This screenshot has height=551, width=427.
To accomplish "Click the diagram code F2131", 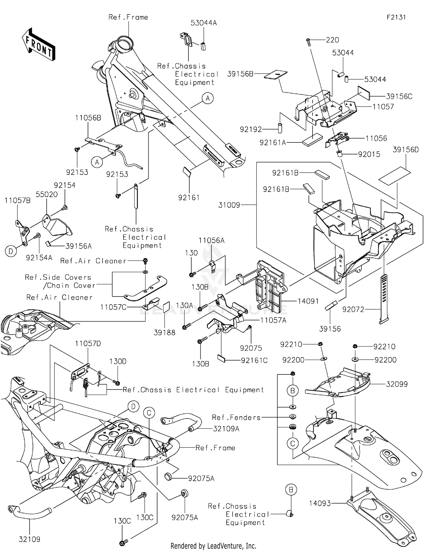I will pyautogui.click(x=396, y=17).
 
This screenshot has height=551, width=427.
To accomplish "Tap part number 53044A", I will pyautogui.click(x=204, y=23).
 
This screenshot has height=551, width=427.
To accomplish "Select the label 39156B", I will pyautogui.click(x=240, y=74).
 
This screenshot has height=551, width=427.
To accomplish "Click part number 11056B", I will pyautogui.click(x=88, y=118).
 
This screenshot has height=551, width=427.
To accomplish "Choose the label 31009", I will pyautogui.click(x=229, y=205).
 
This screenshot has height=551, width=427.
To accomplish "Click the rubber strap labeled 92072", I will pyautogui.click(x=383, y=299).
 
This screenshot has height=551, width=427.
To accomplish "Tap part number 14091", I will pyautogui.click(x=308, y=301).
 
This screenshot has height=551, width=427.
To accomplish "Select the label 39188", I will pyautogui.click(x=165, y=332).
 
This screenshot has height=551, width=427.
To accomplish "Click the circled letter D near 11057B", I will pyautogui.click(x=11, y=251).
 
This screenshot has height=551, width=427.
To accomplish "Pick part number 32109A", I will pyautogui.click(x=226, y=428).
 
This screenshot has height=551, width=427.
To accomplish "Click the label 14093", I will pyautogui.click(x=320, y=503).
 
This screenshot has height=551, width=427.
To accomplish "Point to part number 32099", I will pyautogui.click(x=397, y=384).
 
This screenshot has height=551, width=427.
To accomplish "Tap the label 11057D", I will pyautogui.click(x=88, y=343).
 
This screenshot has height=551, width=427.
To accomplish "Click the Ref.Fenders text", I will pyautogui.click(x=236, y=417).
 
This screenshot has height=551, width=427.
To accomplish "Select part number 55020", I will pyautogui.click(x=47, y=194).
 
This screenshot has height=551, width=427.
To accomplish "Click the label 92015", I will pyautogui.click(x=369, y=154).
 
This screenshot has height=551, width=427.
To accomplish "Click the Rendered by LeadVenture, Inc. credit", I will pyautogui.click(x=213, y=546).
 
